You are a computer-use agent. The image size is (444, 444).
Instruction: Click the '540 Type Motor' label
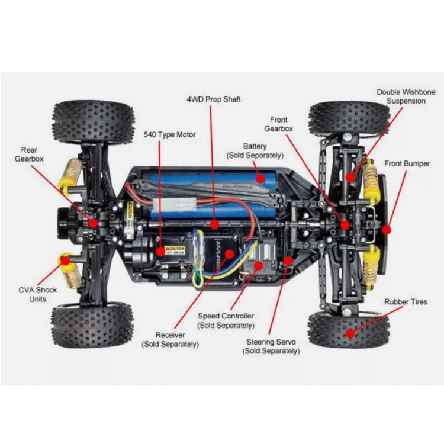coord(169,134)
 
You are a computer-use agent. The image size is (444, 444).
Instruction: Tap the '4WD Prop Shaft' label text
coord(214,99)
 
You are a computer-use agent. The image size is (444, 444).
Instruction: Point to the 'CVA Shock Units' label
coord(37,294)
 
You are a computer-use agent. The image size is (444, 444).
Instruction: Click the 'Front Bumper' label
coord(407,163)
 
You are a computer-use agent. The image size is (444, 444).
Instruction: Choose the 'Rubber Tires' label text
coord(406,302)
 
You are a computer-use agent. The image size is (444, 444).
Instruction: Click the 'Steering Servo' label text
coord(271,346)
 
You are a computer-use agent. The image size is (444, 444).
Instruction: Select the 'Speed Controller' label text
coord(226,320)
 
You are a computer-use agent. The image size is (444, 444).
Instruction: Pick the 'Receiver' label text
coord(170,339)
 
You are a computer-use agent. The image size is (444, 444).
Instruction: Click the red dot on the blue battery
coord(259,177)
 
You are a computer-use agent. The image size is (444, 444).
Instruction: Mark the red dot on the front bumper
coord(387,229)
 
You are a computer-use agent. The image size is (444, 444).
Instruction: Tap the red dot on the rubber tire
coord(350,333)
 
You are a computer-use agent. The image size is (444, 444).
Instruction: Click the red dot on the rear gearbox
coord(93,222)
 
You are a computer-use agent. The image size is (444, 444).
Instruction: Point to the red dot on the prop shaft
coord(214,224)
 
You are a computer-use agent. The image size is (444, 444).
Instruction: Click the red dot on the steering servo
coord(288,260)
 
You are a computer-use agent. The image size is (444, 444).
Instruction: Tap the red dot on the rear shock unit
coord(63,259)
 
